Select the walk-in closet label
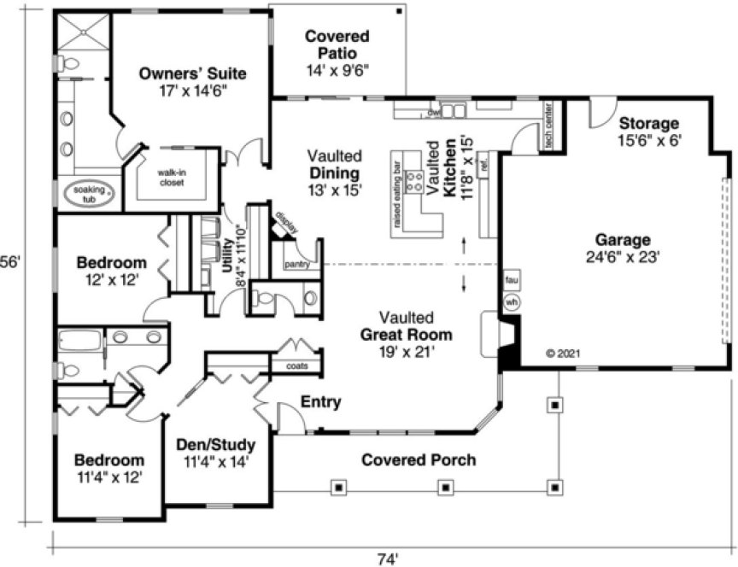(172, 176)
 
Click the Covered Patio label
(337, 45)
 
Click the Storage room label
(649, 123)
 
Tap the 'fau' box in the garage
(512, 280)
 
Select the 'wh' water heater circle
(512, 301)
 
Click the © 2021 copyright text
(562, 353)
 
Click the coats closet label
(296, 365)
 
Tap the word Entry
(321, 401)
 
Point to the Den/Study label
(214, 445)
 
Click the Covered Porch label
(419, 460)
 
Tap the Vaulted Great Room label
(406, 334)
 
